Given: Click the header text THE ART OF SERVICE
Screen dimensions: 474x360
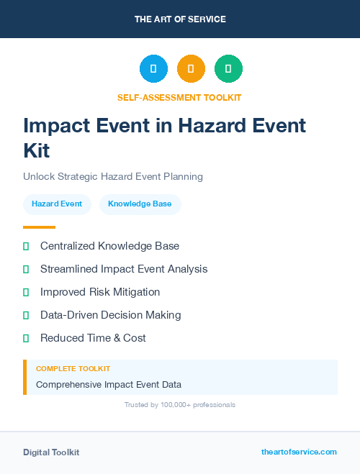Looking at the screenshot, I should tap(180, 19).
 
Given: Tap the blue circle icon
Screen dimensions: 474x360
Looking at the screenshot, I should tap(153, 69).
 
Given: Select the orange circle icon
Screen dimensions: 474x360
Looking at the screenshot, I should tap(191, 69).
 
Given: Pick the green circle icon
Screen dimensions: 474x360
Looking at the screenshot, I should tap(228, 69).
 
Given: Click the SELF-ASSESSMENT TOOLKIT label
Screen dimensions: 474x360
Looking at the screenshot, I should tap(179, 97).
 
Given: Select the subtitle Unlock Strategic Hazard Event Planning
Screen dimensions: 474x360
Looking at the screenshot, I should tap(113, 176).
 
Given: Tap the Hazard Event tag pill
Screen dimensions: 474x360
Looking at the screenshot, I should tap(57, 204).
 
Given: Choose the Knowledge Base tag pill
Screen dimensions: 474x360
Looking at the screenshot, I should tap(140, 204).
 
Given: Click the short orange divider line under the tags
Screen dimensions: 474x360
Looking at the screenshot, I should tap(39, 227).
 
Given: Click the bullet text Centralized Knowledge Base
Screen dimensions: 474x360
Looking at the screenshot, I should tap(109, 246).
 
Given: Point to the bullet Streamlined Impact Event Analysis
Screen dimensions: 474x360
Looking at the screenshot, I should tap(124, 269).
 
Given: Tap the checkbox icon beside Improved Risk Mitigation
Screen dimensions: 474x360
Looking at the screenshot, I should tap(26, 292).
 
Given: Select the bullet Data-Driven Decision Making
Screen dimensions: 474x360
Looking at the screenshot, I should tap(111, 315).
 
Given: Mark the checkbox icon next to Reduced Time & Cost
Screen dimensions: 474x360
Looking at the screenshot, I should tap(26, 338).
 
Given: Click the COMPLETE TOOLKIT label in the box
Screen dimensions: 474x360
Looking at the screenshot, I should tap(73, 368).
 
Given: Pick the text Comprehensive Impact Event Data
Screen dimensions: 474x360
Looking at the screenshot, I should tap(109, 385).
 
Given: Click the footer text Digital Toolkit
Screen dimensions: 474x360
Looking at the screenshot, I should tap(51, 452).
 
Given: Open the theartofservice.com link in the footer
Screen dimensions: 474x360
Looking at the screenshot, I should tap(299, 452).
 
